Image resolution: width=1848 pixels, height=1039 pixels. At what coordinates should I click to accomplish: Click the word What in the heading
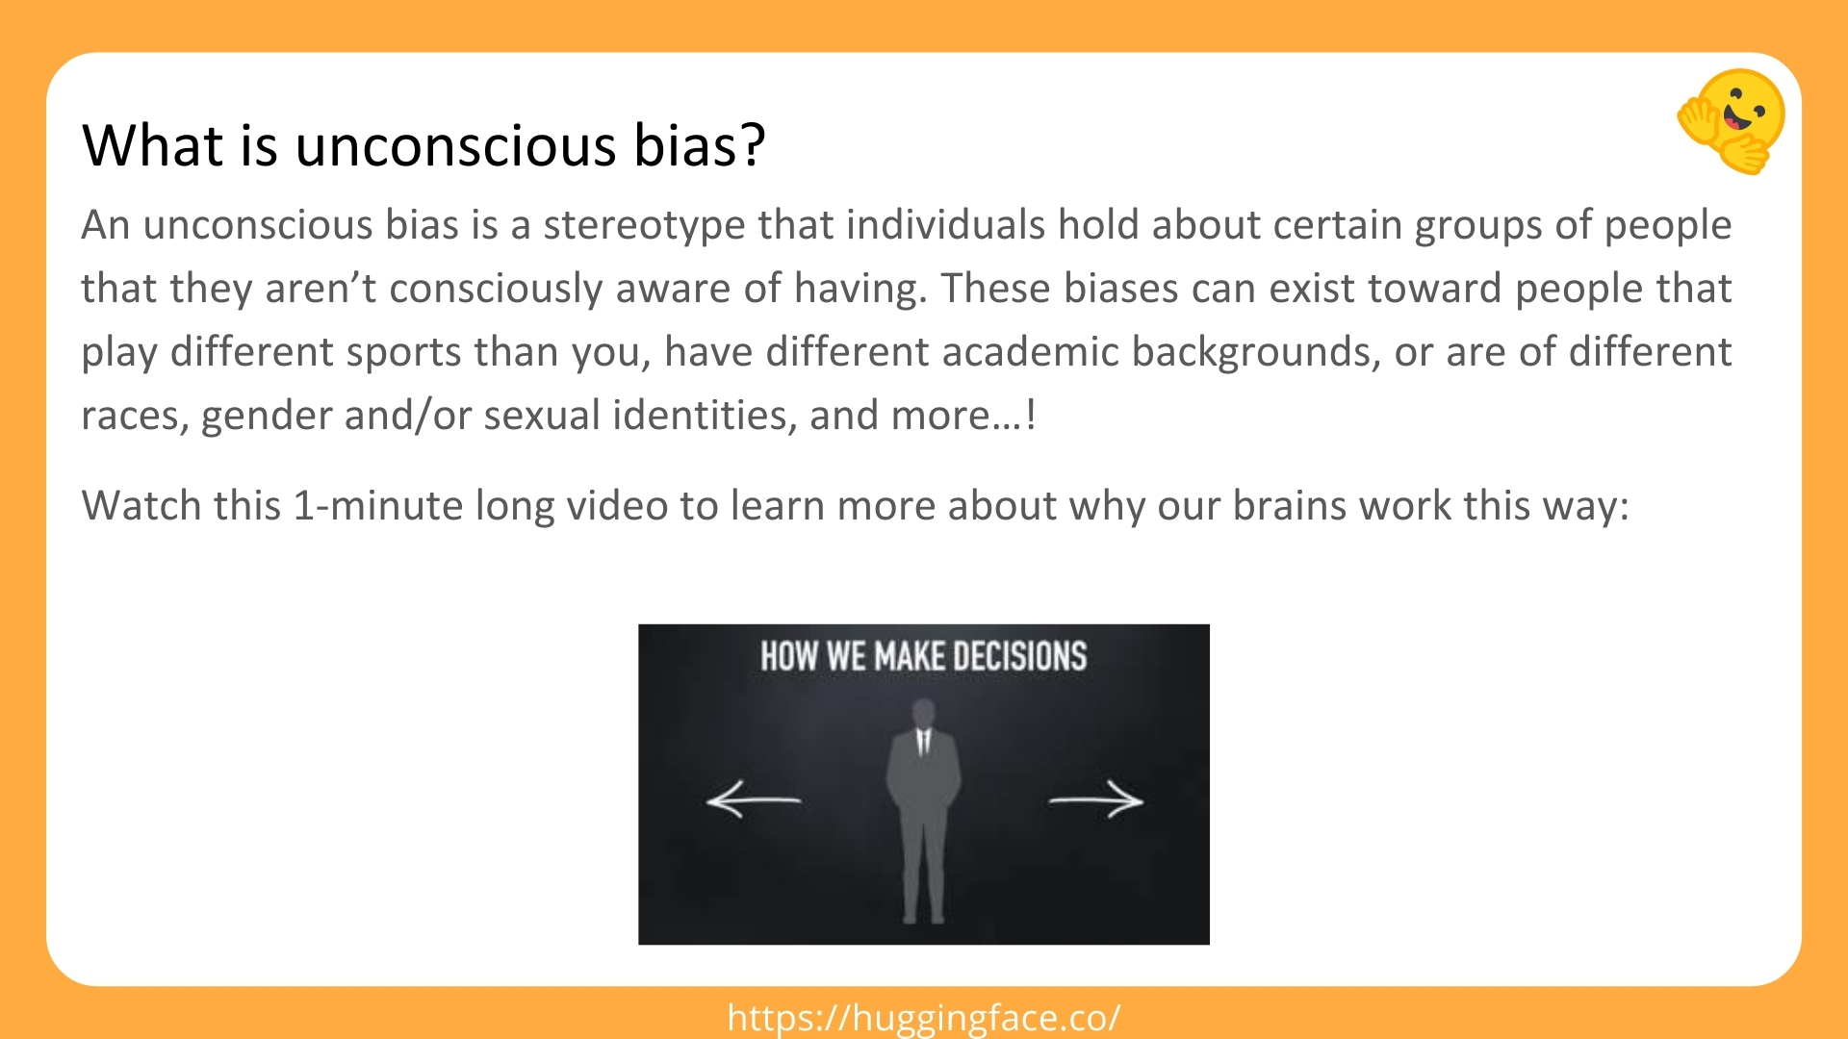click(x=154, y=146)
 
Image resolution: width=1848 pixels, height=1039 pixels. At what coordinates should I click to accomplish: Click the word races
click(x=134, y=416)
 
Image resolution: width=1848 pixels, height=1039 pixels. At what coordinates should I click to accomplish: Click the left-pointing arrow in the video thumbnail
click(x=753, y=799)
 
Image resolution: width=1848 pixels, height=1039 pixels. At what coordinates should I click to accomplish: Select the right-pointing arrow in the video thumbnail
click(x=1096, y=799)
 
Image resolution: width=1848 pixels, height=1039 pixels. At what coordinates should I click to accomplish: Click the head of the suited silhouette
click(x=924, y=714)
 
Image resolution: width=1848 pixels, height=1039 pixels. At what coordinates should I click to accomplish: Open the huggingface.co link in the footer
click(x=924, y=1018)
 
